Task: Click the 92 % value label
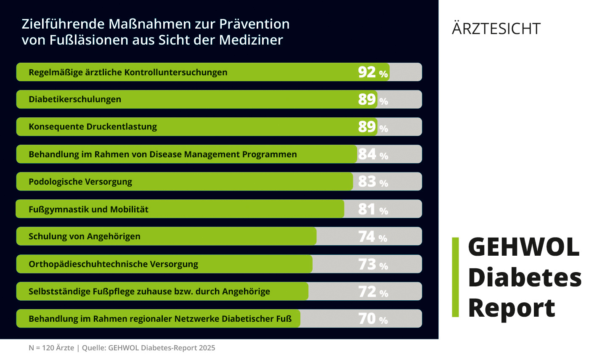click(x=373, y=72)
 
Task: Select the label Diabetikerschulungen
click(x=75, y=99)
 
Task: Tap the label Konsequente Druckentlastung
click(x=93, y=127)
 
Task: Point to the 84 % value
click(x=373, y=154)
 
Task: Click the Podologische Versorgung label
click(x=80, y=182)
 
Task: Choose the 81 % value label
click(x=373, y=209)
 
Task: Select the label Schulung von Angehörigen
click(x=85, y=236)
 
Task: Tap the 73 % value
click(x=373, y=264)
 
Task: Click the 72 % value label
click(x=373, y=291)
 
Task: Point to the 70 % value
click(x=373, y=319)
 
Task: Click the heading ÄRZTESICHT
click(x=496, y=29)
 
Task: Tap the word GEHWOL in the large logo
click(x=523, y=247)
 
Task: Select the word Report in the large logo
click(x=511, y=308)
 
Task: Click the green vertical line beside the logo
click(x=455, y=277)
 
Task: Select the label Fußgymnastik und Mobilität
click(x=88, y=209)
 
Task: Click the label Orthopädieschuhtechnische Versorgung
click(x=113, y=264)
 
